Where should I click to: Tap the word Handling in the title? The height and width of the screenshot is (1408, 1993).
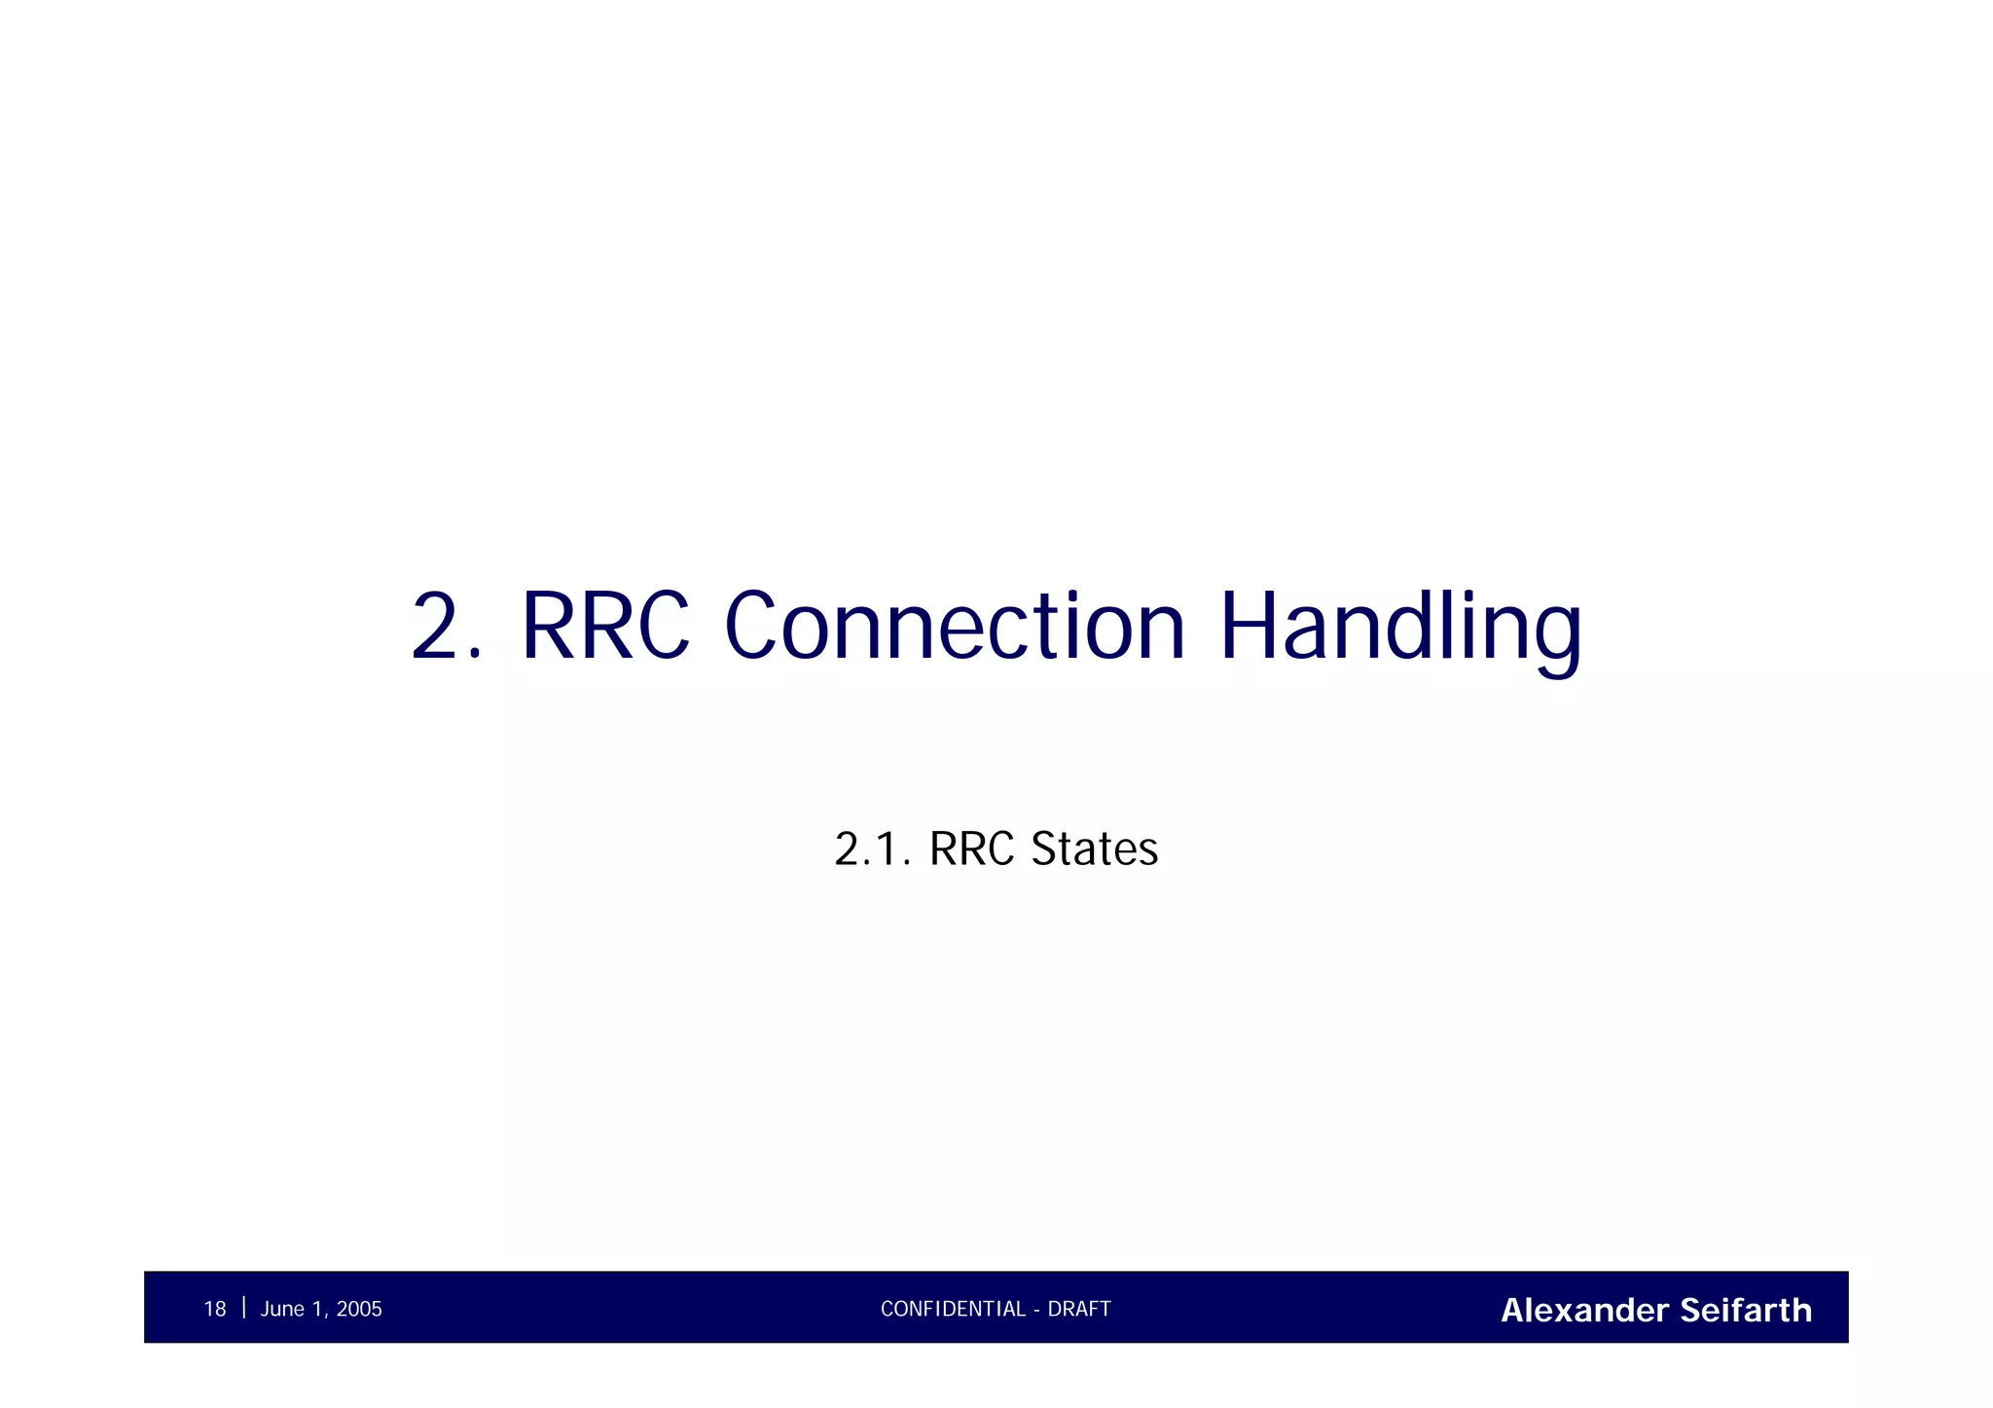(x=1400, y=628)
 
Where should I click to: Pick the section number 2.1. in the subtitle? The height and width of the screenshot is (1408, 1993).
(x=872, y=848)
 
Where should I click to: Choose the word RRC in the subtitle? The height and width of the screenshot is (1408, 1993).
(x=972, y=848)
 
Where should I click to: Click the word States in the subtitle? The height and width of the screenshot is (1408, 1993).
(x=1095, y=848)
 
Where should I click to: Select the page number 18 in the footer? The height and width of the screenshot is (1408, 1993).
(x=214, y=1309)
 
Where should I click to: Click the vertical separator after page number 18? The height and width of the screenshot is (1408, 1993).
(x=243, y=1307)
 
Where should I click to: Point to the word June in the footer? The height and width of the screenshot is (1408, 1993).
(x=282, y=1309)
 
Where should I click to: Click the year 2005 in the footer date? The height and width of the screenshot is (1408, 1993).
(x=359, y=1309)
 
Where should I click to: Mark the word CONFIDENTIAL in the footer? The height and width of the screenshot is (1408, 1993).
(x=953, y=1309)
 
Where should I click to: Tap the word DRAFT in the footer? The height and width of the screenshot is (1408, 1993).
(x=1079, y=1309)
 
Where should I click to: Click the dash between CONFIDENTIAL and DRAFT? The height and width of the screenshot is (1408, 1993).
(x=1037, y=1310)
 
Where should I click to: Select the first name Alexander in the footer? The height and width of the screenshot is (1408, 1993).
(x=1585, y=1310)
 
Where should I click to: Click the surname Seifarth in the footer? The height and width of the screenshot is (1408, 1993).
(x=1746, y=1310)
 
